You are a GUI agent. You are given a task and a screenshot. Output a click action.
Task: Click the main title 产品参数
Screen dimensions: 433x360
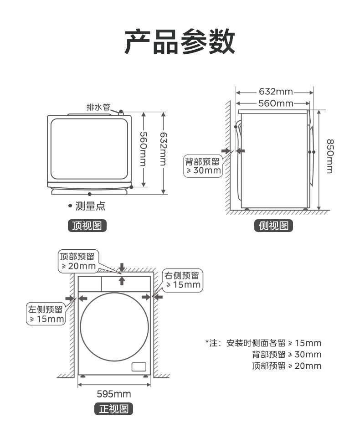coord(180,41)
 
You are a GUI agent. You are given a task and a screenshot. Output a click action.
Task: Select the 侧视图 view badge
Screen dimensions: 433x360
coord(273,225)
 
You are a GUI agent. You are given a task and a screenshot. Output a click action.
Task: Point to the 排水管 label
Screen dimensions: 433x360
coord(98,108)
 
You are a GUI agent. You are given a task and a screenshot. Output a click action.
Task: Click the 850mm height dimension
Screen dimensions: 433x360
coord(329,156)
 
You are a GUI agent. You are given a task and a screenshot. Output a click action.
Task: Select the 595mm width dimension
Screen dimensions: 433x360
coord(114,394)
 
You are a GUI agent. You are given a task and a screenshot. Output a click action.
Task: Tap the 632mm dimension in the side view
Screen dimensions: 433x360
coord(275,92)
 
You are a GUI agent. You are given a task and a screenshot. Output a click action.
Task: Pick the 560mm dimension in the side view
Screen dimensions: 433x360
coord(275,103)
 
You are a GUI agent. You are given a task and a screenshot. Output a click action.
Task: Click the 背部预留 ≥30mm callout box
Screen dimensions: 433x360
coord(202,166)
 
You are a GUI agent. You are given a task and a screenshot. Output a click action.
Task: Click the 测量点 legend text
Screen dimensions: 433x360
coord(90,206)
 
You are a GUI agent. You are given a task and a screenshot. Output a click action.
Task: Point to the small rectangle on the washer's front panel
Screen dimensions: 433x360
coord(138,366)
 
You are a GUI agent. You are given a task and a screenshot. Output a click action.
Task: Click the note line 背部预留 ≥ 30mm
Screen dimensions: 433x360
coord(286,354)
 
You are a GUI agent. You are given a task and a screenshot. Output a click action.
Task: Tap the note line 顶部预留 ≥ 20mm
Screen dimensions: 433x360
coord(286,366)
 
